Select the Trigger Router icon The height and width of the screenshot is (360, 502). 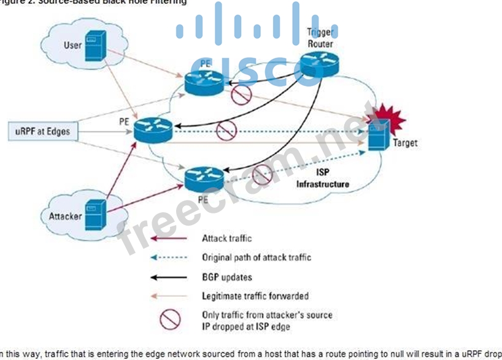pyautogui.click(x=319, y=63)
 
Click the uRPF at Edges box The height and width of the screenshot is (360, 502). pyautogui.click(x=43, y=131)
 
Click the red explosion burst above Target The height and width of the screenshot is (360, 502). pyautogui.click(x=384, y=117)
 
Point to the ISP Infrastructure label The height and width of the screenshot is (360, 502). pyautogui.click(x=323, y=178)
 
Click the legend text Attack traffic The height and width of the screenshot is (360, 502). pyautogui.click(x=226, y=238)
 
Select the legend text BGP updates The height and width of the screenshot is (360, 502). pyautogui.click(x=227, y=277)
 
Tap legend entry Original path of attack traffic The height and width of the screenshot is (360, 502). pyautogui.click(x=257, y=257)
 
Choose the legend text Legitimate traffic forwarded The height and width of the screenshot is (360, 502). pyautogui.click(x=255, y=296)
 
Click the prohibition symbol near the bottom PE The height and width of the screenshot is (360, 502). pyautogui.click(x=261, y=174)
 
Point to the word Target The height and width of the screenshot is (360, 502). pyautogui.click(x=405, y=143)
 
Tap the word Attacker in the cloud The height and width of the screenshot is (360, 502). pyautogui.click(x=66, y=216)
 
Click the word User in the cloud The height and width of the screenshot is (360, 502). pyautogui.click(x=72, y=45)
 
